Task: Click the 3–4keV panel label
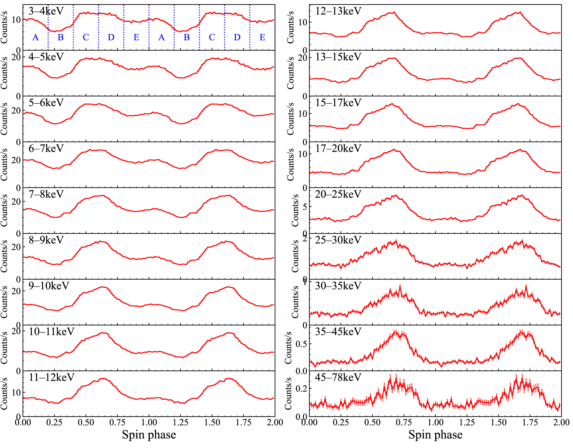point(46,11)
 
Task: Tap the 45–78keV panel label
point(338,377)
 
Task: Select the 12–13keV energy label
point(338,11)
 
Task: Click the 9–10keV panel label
point(49,286)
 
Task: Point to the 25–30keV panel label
point(338,240)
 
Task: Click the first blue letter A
point(35,37)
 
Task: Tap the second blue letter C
point(212,37)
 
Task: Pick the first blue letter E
point(136,37)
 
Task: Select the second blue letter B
point(187,37)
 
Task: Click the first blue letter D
point(111,37)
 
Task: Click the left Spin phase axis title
point(149,435)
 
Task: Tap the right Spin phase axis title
point(435,435)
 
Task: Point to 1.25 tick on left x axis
point(180,423)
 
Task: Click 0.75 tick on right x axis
point(404,423)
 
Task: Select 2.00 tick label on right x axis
point(561,423)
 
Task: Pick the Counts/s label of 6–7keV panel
point(4,165)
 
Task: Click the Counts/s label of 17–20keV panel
point(291,165)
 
